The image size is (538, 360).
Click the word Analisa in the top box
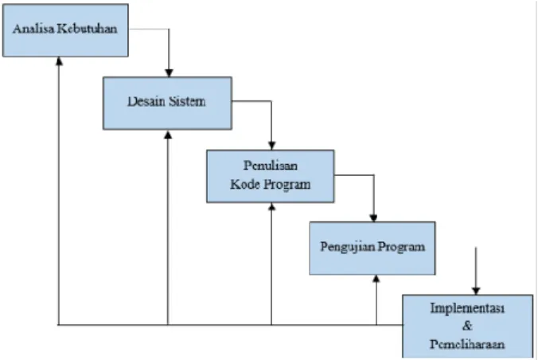pos(33,29)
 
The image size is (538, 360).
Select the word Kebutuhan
pos(88,29)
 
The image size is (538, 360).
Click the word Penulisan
pos(271,166)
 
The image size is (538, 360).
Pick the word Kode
pos(244,185)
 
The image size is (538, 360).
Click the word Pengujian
pos(346,247)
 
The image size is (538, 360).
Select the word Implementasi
pos(467,308)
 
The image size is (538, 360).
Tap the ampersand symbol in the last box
pos(467,326)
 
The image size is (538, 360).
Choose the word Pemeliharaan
pos(467,344)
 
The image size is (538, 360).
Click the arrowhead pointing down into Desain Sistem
pos(169,72)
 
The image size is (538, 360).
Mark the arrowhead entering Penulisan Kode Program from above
pos(271,146)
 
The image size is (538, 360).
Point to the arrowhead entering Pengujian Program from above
pos(373,217)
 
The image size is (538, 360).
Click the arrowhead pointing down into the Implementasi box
pos(476,291)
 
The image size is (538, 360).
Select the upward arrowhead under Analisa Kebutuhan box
pos(59,61)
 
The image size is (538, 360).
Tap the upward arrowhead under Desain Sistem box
pos(168,135)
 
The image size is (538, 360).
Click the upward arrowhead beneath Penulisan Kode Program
pos(271,207)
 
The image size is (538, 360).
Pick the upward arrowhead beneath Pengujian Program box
pos(376,279)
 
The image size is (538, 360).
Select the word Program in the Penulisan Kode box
pos(287,185)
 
